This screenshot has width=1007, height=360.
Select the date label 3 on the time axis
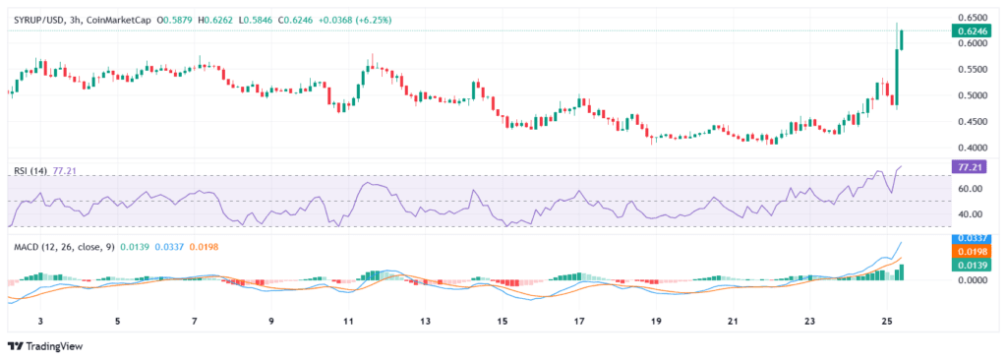40,322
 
